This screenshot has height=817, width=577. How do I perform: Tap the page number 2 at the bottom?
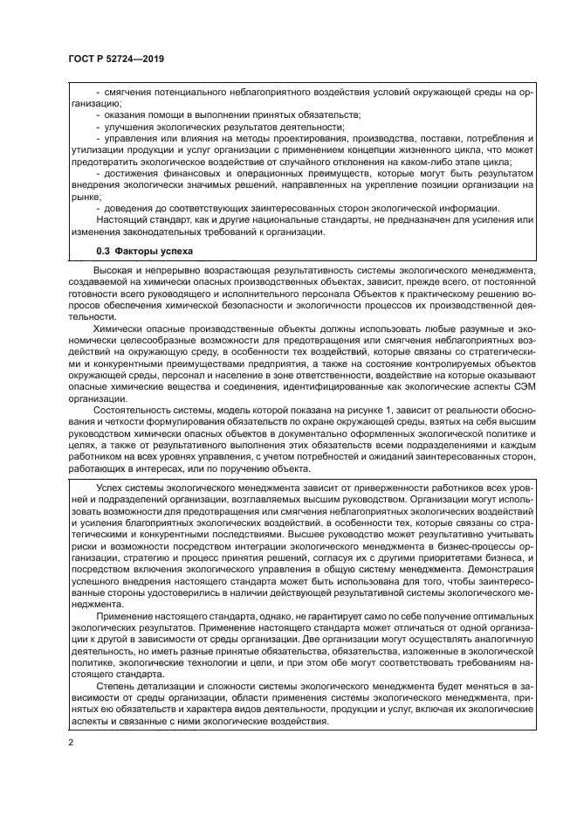tap(72, 741)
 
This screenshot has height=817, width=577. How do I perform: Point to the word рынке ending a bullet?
tap(87, 196)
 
